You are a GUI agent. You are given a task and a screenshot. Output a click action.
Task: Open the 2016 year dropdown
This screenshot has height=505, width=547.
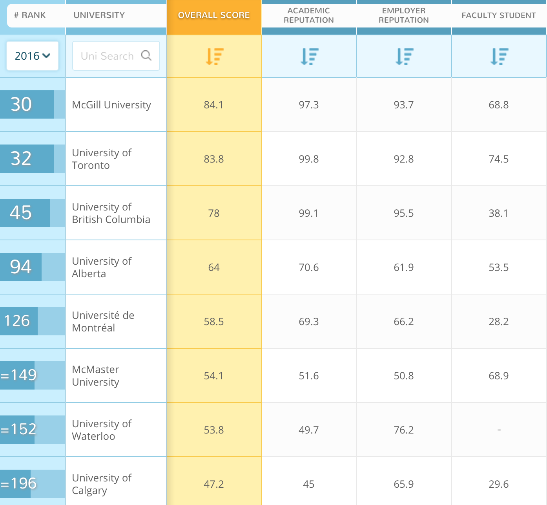pyautogui.click(x=33, y=56)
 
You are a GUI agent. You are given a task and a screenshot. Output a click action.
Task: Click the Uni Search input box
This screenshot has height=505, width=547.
pyautogui.click(x=107, y=56)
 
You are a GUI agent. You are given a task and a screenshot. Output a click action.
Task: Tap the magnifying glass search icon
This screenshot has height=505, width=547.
pyautogui.click(x=146, y=55)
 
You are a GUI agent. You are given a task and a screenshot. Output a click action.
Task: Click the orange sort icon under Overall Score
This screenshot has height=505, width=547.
pyautogui.click(x=214, y=56)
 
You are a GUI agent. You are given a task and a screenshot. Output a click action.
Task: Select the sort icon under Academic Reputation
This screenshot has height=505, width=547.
pyautogui.click(x=309, y=56)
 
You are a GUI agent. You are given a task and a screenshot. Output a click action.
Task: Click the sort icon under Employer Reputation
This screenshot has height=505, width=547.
pyautogui.click(x=404, y=56)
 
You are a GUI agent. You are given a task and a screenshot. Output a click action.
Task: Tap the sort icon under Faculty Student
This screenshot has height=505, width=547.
pyautogui.click(x=499, y=56)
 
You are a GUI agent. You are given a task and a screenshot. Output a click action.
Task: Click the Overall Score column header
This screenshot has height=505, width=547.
pyautogui.click(x=214, y=15)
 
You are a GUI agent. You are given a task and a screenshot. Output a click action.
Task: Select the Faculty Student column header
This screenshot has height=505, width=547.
pyautogui.click(x=498, y=15)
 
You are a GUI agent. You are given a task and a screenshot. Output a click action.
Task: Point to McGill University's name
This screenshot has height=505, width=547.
pyautogui.click(x=111, y=105)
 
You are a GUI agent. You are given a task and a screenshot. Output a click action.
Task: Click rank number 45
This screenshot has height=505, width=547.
pyautogui.click(x=21, y=212)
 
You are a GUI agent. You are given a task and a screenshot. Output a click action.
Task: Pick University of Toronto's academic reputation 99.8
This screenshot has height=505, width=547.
pyautogui.click(x=309, y=159)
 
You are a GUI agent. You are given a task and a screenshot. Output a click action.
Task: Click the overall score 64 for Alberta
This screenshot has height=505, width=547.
pyautogui.click(x=214, y=267)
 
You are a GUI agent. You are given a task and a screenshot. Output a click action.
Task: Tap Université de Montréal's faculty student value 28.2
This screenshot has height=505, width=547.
pyautogui.click(x=498, y=322)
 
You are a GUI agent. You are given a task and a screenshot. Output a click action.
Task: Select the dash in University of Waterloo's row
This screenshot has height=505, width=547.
pyautogui.click(x=499, y=430)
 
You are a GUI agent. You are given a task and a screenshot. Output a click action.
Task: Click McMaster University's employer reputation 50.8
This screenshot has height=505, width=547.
pyautogui.click(x=404, y=376)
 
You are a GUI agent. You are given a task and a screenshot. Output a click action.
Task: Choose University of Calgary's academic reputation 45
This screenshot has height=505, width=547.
pyautogui.click(x=309, y=484)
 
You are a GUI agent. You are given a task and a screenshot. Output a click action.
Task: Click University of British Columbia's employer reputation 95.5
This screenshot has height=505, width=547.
pyautogui.click(x=404, y=213)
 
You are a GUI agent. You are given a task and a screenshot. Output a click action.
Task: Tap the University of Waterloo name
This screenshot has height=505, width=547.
pyautogui.click(x=102, y=430)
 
